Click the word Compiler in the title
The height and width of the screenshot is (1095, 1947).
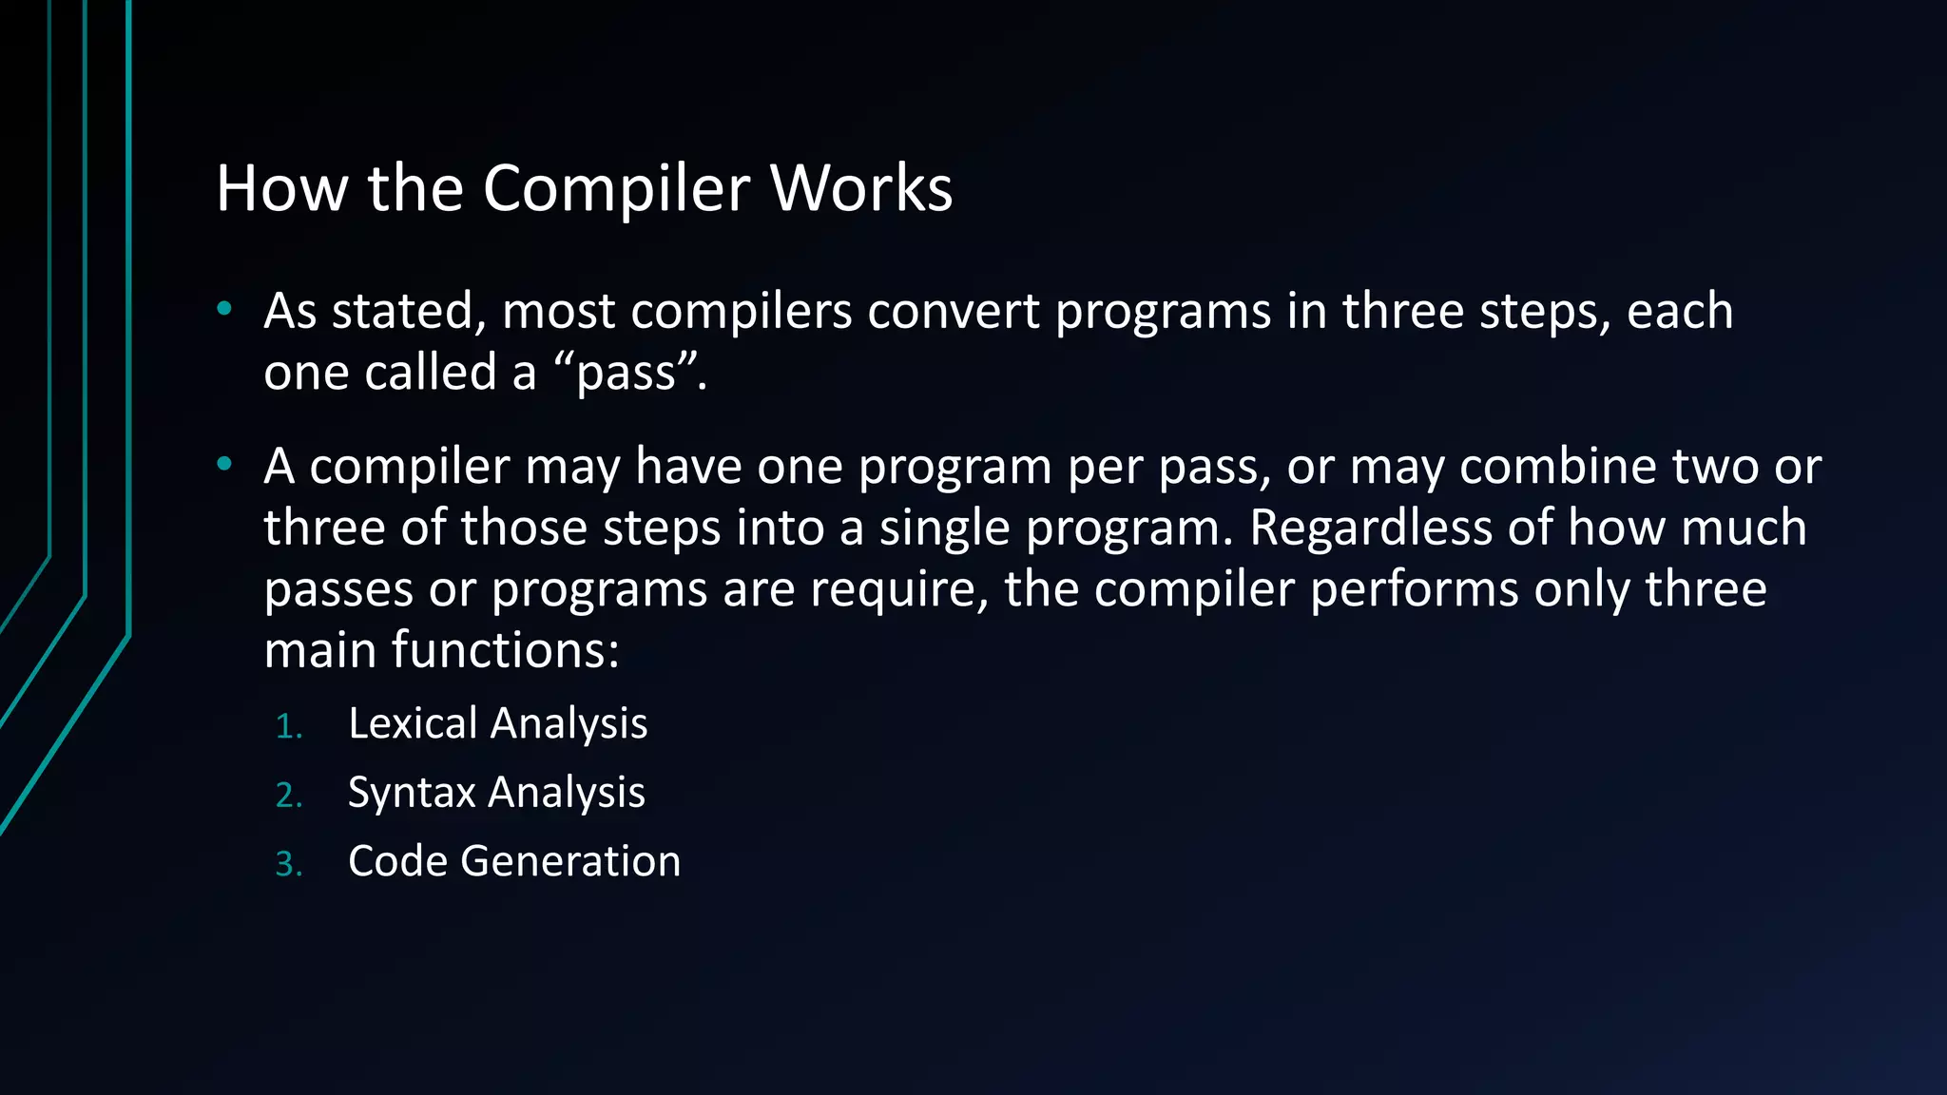(x=618, y=188)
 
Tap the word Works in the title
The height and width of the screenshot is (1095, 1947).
(x=861, y=188)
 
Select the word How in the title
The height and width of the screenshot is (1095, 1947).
(x=282, y=188)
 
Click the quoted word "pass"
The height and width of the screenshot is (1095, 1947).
(x=628, y=373)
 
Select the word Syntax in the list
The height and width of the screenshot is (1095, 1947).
(x=412, y=793)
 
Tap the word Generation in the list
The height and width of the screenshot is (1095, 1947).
(x=570, y=861)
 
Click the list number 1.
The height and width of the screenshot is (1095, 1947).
(x=287, y=727)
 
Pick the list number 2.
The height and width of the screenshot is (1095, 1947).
(x=288, y=797)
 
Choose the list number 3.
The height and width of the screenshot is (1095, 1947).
(x=288, y=865)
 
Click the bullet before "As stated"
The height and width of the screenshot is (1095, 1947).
(x=224, y=308)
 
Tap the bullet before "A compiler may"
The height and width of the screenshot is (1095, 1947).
(x=224, y=464)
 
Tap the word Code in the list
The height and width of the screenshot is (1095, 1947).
(x=397, y=861)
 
